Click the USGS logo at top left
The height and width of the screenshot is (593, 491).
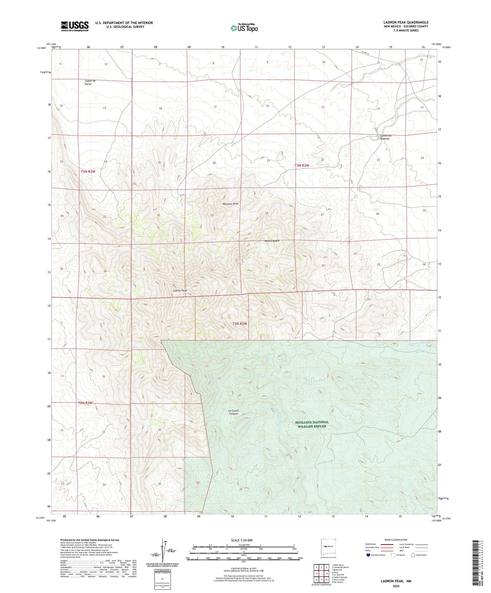(x=75, y=26)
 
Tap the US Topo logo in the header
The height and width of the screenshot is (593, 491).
(x=244, y=28)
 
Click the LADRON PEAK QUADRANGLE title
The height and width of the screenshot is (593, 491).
(x=406, y=22)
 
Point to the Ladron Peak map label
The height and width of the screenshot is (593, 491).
(x=180, y=291)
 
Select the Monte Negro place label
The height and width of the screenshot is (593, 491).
(x=272, y=241)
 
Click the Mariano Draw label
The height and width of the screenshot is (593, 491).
(x=231, y=204)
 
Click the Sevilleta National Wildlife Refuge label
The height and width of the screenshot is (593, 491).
(x=312, y=424)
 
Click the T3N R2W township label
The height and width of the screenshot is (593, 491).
(x=302, y=165)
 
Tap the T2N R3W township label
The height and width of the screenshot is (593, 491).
(x=85, y=403)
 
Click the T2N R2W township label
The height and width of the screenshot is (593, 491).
(x=240, y=324)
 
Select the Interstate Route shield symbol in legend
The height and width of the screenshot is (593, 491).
(x=369, y=555)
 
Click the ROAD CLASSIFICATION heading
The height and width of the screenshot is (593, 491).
(x=396, y=540)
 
